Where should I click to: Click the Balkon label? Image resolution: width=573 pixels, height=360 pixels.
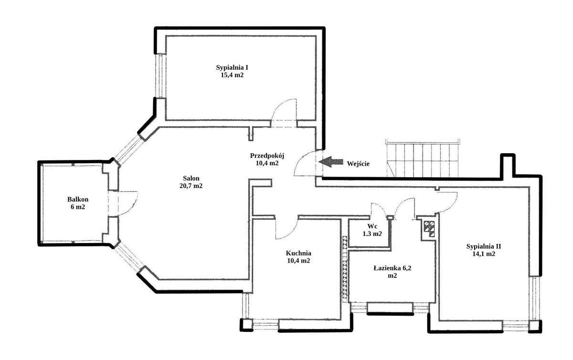78,200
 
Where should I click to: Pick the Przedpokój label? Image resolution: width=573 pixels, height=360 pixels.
267,155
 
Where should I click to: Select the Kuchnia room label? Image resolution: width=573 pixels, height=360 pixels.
298,253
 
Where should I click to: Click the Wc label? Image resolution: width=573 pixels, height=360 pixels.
372,226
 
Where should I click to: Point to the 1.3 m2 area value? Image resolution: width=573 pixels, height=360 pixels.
372,234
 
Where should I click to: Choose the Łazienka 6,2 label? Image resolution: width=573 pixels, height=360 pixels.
392,268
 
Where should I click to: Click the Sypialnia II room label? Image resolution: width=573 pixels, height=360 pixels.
484,246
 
